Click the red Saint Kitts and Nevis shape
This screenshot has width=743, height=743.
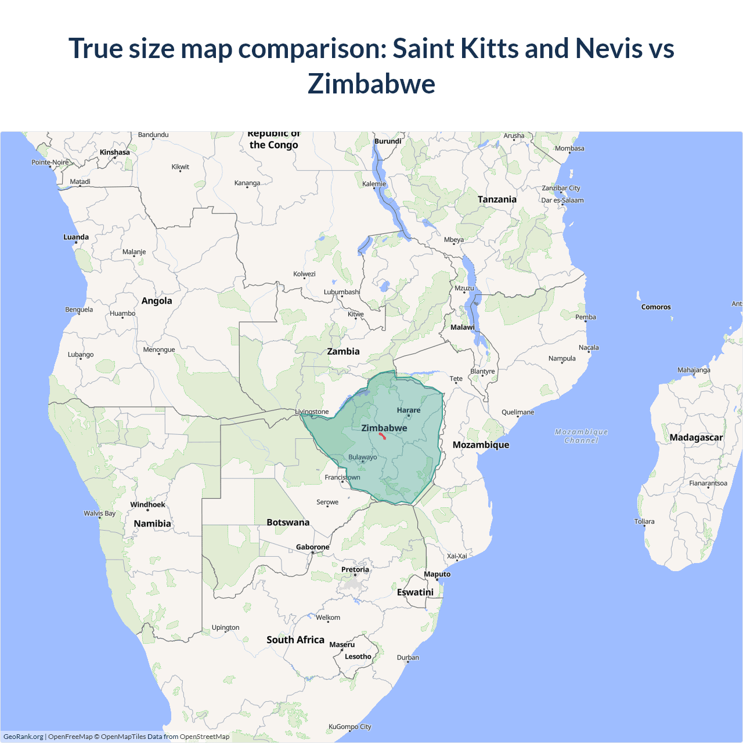coord(383,435)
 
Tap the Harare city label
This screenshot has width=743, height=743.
coord(409,410)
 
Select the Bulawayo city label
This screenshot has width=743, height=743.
coord(363,457)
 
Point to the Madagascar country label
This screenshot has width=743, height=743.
coord(696,438)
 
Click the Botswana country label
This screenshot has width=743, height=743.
coord(288,522)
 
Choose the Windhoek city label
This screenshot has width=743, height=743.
coord(147,504)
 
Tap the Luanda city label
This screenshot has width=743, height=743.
coord(76,237)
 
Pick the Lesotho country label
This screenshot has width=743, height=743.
coord(358,657)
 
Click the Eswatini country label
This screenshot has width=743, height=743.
coord(415,592)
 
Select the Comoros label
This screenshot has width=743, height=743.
coord(656,307)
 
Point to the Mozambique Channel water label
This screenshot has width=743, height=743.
coord(581,436)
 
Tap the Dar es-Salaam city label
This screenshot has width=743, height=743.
coord(562,200)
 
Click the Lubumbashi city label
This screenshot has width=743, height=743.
coord(342,292)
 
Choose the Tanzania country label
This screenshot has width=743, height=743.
coord(497,200)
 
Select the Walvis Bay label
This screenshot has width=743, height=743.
coord(99,513)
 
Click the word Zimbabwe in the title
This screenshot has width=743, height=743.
coord(371,84)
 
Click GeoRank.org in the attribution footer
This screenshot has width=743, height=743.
coord(23,737)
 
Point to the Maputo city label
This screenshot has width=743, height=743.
coord(437,574)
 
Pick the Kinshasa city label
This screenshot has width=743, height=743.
coord(115,152)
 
